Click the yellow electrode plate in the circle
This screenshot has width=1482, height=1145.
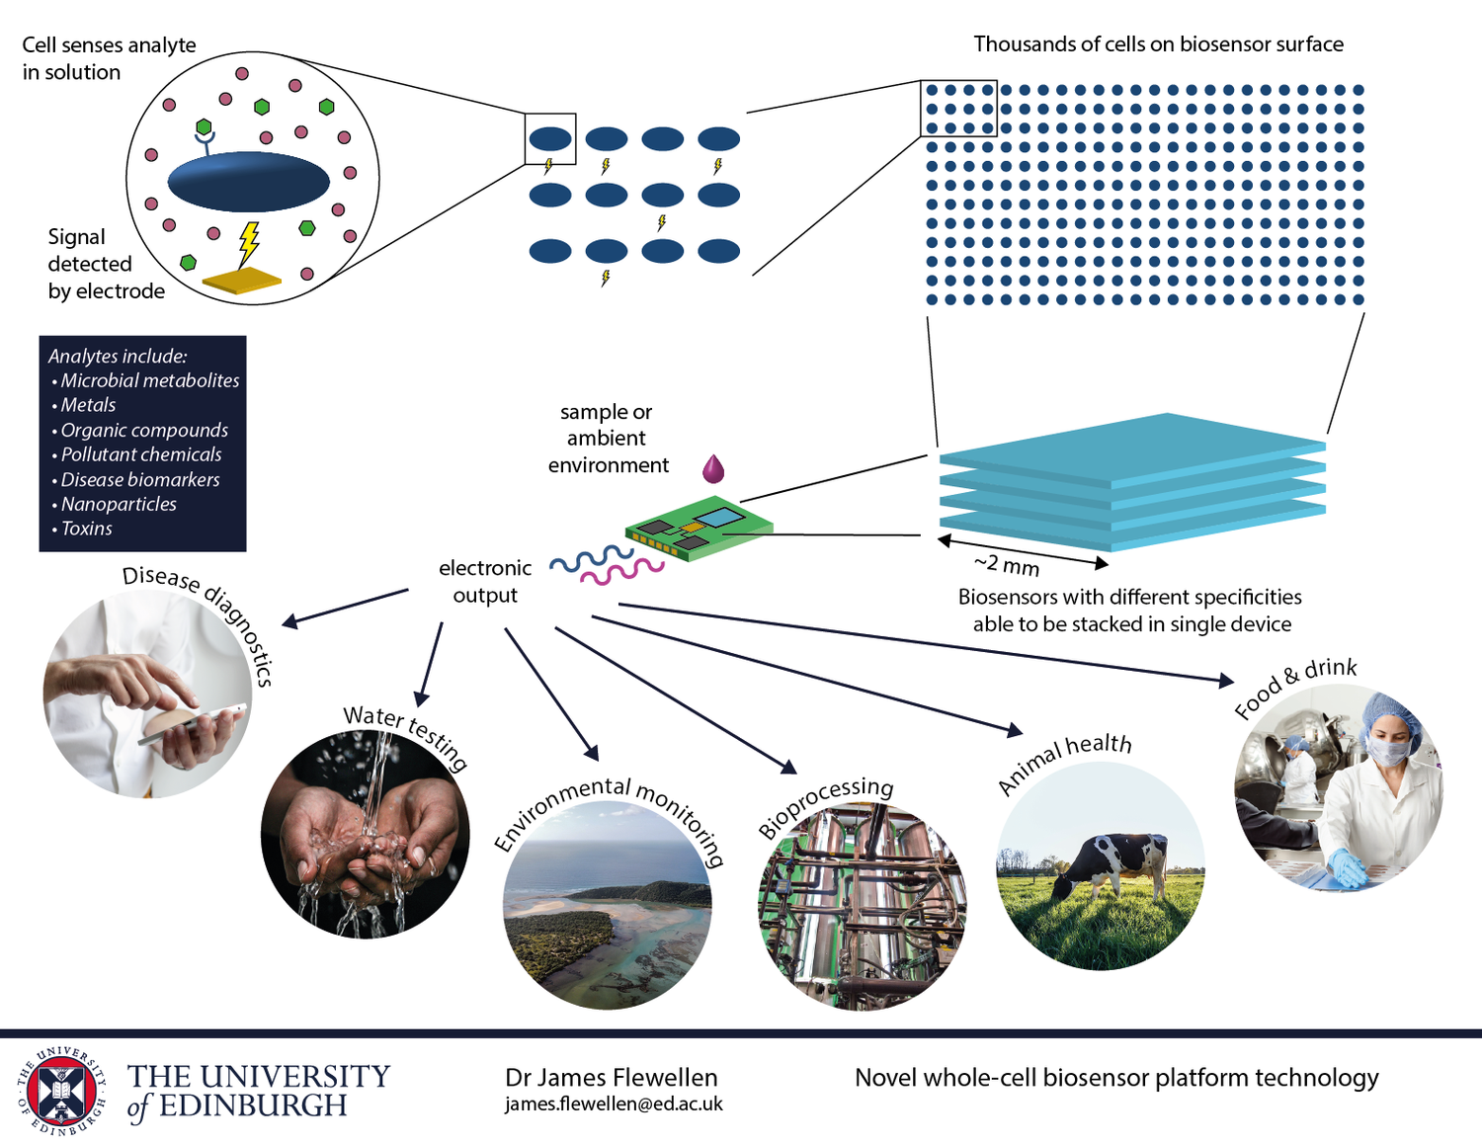click(241, 281)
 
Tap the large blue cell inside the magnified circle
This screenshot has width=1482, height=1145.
click(248, 182)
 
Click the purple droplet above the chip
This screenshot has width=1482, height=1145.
click(712, 468)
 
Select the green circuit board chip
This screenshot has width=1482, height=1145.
click(698, 529)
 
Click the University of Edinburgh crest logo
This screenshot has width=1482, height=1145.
click(61, 1091)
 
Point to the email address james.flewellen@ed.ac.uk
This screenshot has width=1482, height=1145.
click(614, 1104)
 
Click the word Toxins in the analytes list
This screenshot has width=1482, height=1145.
click(87, 529)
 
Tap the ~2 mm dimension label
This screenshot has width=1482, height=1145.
click(1007, 565)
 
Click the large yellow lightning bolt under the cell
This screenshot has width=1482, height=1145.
click(249, 242)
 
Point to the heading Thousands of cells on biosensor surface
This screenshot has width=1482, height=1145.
click(1158, 44)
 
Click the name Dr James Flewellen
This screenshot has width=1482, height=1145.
click(611, 1077)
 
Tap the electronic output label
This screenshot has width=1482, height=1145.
click(485, 582)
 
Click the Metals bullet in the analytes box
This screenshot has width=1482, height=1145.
click(88, 405)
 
